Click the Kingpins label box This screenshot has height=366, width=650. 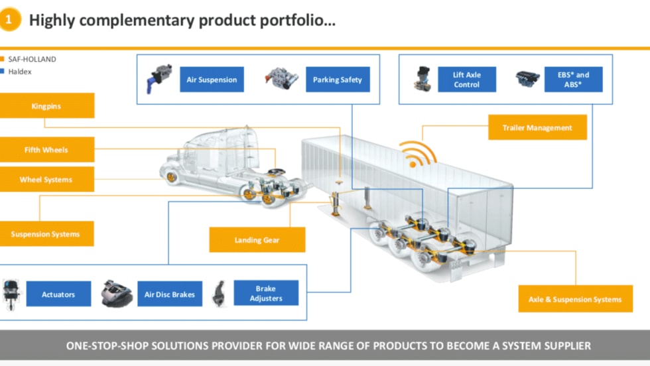[46, 106]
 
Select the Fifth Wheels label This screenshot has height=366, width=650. [46, 150]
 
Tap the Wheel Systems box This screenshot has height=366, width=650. [46, 180]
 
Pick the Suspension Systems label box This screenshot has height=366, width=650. [46, 234]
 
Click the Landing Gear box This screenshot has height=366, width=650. [257, 240]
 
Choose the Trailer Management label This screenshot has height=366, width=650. [537, 127]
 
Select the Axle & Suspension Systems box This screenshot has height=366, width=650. [575, 299]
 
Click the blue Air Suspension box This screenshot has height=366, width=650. [212, 80]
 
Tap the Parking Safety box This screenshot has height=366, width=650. [338, 80]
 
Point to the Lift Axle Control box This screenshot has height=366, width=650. [467, 80]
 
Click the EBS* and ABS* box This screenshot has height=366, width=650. [573, 80]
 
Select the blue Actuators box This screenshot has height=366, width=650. [58, 294]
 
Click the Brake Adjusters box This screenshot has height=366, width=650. [266, 293]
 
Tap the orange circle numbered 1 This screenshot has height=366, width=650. [9, 20]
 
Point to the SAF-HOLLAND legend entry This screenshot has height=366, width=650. [31, 59]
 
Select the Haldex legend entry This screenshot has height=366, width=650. [19, 72]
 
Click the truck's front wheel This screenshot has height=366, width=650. [174, 177]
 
